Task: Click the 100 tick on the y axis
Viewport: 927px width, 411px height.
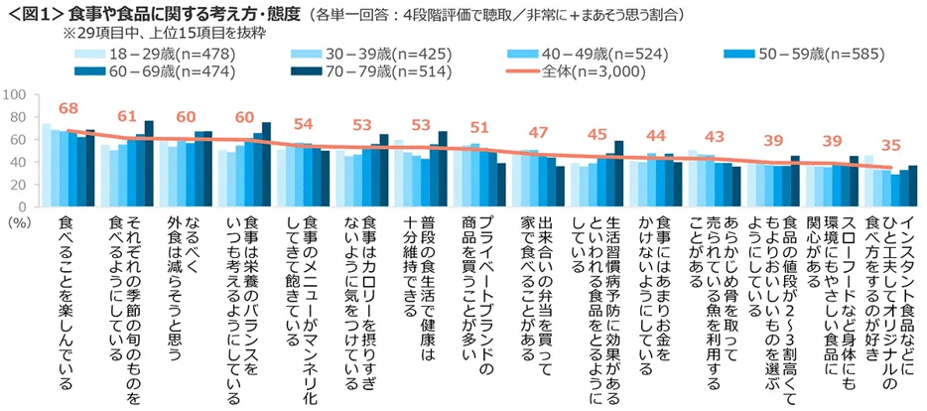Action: [14, 95]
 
